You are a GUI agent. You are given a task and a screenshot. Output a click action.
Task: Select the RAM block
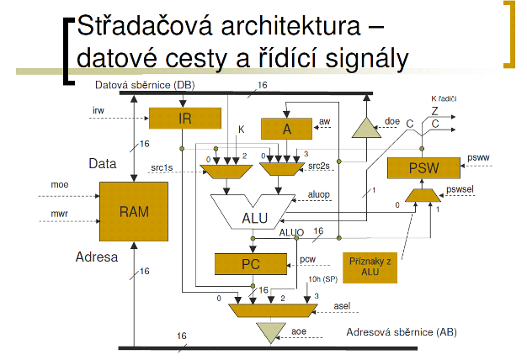(x=133, y=211)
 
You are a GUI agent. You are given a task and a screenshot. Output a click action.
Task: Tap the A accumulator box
(x=286, y=128)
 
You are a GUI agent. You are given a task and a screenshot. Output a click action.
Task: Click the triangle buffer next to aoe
(x=268, y=331)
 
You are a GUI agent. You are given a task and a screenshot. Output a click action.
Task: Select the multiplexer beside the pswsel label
(x=420, y=196)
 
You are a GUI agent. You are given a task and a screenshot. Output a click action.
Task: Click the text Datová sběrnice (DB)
(x=143, y=86)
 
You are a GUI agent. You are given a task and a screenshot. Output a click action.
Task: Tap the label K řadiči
(x=444, y=98)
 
